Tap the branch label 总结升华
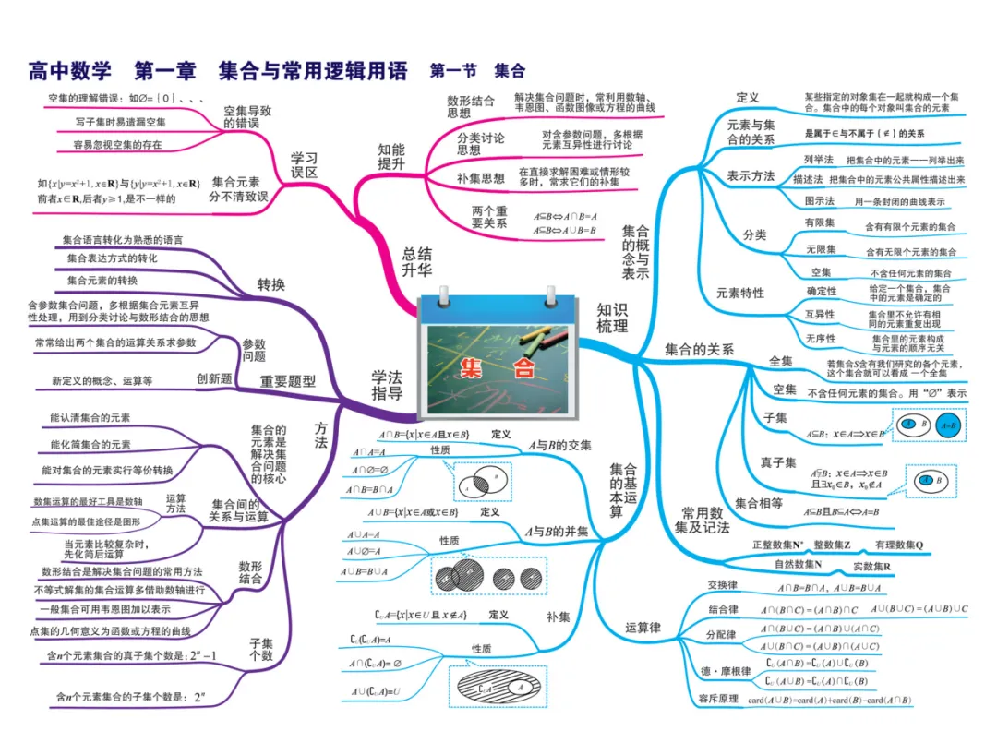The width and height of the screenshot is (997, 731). coord(416,261)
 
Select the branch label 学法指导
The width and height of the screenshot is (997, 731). coord(387,385)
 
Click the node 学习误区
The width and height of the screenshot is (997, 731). coord(304,164)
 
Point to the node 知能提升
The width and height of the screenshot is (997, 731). coord(391,156)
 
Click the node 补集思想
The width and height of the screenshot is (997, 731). coord(481,178)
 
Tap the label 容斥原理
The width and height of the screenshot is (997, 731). coord(718,699)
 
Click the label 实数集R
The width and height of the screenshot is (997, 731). coord(871,565)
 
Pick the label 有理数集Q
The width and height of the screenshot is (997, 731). coord(899,545)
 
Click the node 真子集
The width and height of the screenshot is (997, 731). coord(777,462)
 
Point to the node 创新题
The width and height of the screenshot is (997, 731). coord(214,378)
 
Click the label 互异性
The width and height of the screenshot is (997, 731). coord(819,315)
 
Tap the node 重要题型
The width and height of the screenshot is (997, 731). coord(288,380)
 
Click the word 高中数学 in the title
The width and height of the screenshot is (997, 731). coord(69,70)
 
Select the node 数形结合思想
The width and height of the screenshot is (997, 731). coord(471,106)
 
